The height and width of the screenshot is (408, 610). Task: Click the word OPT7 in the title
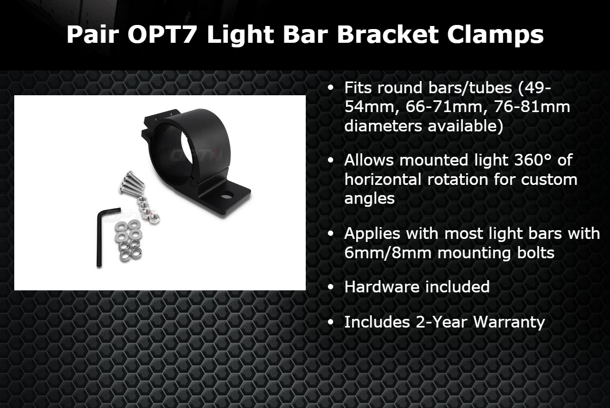tap(163, 34)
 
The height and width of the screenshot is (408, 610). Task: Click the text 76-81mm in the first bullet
tap(532, 106)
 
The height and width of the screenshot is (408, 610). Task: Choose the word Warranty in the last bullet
tap(509, 323)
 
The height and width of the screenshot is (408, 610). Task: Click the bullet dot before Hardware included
tap(331, 287)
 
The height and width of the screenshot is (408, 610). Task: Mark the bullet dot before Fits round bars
tap(331, 88)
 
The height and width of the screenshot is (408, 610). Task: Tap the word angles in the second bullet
tap(369, 199)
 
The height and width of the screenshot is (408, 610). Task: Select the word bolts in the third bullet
tap(535, 253)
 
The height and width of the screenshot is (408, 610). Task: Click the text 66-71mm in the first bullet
tap(444, 107)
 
